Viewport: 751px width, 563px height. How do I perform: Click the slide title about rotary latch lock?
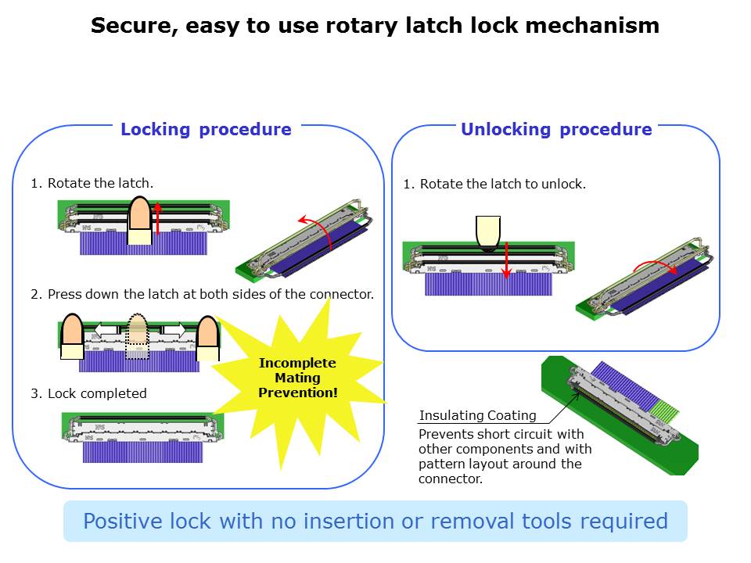click(375, 26)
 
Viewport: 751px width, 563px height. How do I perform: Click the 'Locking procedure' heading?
click(206, 130)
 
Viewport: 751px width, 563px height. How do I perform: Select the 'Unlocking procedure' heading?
click(556, 130)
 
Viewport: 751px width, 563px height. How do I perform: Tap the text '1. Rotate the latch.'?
click(92, 184)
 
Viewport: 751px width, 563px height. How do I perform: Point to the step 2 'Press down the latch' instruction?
click(202, 295)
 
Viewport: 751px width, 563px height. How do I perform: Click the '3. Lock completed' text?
click(88, 393)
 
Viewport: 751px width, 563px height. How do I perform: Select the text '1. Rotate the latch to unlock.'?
click(494, 185)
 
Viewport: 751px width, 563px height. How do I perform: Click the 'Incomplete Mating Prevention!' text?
click(297, 378)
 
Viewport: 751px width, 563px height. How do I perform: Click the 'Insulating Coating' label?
click(477, 416)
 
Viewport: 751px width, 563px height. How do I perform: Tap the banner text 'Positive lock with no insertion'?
click(375, 522)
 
